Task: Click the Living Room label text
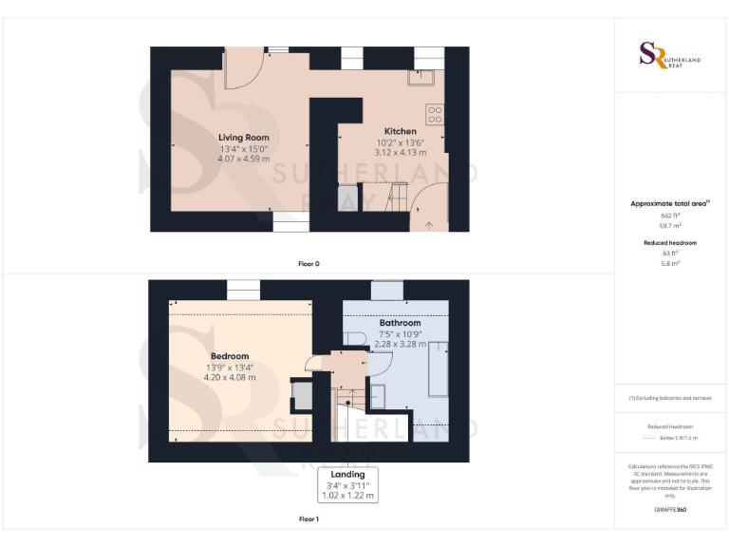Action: click(x=244, y=138)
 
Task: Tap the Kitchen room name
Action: click(x=400, y=131)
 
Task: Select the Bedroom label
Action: click(x=229, y=356)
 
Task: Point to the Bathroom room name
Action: click(x=400, y=323)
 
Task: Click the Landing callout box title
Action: click(x=348, y=474)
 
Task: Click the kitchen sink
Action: click(x=421, y=78)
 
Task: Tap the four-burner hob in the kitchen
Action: click(x=436, y=115)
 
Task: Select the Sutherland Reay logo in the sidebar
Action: click(x=670, y=54)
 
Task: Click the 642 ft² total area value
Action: click(x=670, y=216)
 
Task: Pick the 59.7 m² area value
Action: click(x=670, y=226)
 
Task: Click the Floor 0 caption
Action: click(x=308, y=263)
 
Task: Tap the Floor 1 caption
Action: click(x=308, y=519)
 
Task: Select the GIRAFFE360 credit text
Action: click(x=670, y=510)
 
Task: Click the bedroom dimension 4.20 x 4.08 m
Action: click(x=229, y=377)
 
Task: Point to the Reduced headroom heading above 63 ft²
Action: click(x=670, y=243)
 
